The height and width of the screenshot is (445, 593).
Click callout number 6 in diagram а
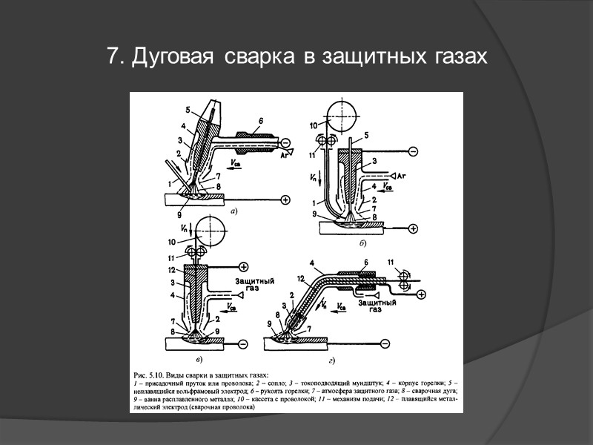point(261,120)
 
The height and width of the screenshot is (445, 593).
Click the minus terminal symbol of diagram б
point(413,151)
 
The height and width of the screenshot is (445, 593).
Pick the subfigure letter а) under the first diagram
point(233,211)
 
